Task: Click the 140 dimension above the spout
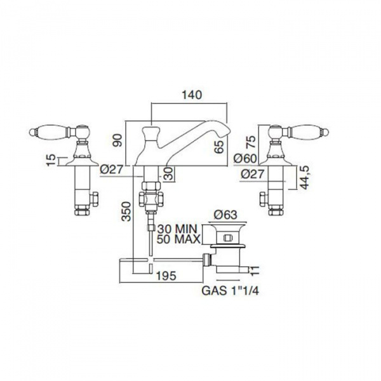192,95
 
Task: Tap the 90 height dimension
118,140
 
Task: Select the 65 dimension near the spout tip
220,147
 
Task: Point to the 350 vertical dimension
126,211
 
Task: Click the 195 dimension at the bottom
166,276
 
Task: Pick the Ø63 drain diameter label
225,215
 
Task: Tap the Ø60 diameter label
245,159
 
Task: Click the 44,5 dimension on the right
305,177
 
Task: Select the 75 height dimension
251,142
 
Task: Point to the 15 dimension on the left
51,160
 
